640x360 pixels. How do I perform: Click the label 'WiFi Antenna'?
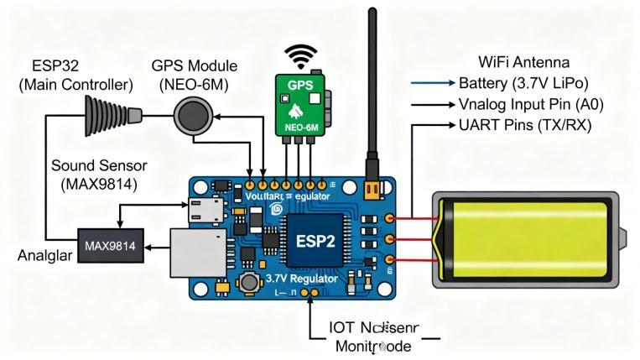(523, 62)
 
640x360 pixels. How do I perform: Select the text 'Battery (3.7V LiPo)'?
(524, 83)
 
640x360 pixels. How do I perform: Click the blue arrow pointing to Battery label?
(433, 83)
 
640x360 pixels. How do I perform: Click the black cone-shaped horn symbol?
(110, 117)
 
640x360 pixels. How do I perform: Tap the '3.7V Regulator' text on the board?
(301, 278)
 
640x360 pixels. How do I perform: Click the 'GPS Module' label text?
(195, 65)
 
